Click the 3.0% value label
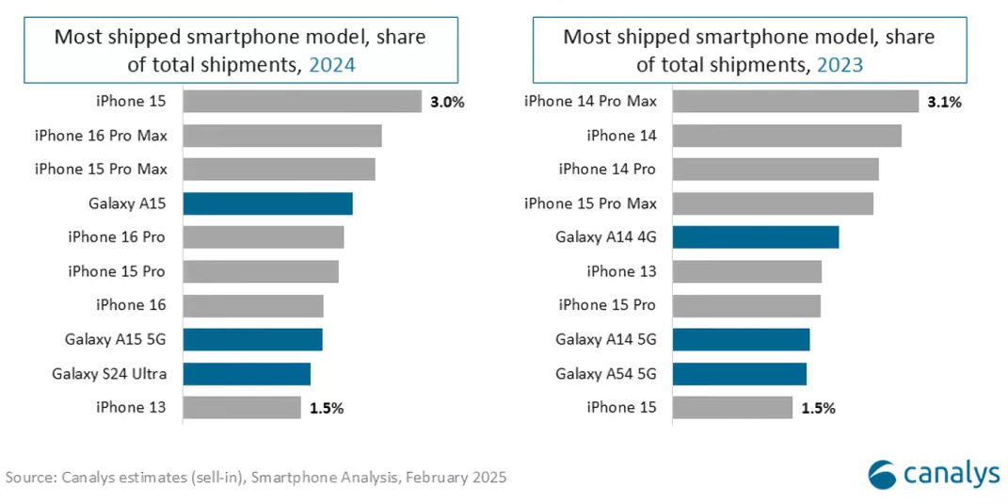click(447, 102)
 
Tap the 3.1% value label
click(944, 102)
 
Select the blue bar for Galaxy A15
click(267, 203)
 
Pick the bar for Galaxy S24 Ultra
click(247, 374)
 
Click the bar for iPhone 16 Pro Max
click(282, 136)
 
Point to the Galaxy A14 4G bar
click(756, 237)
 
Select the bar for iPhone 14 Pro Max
click(795, 102)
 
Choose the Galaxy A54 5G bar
click(740, 374)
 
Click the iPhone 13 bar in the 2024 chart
click(242, 408)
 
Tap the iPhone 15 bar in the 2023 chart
click(732, 408)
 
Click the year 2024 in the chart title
click(333, 64)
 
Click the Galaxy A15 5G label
click(115, 339)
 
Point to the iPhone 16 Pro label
click(117, 237)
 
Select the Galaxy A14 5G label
click(605, 339)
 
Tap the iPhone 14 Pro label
click(607, 170)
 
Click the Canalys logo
click(934, 473)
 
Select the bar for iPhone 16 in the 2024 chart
click(253, 305)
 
